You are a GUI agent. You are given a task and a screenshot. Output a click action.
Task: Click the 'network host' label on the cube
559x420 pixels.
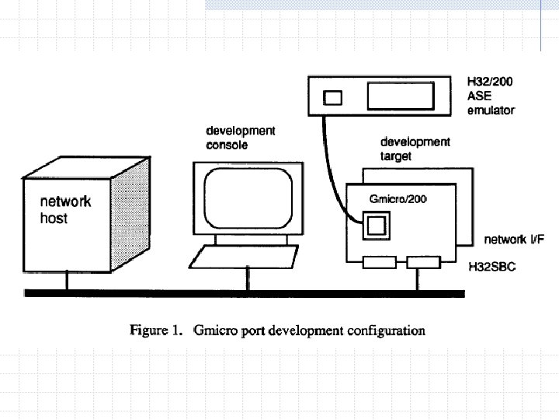pos(65,210)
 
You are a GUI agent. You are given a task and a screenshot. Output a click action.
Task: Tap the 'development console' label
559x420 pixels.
pos(240,138)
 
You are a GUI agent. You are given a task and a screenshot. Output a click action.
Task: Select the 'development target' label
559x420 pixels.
pos(415,149)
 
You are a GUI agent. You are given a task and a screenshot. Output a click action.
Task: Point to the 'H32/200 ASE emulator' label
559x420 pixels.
pos(490,95)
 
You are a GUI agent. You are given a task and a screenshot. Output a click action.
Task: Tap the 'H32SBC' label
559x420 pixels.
pos(492,266)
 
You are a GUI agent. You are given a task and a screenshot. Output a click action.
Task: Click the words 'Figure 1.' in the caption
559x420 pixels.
pos(155,331)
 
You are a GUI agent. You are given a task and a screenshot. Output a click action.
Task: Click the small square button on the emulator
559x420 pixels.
pos(332,98)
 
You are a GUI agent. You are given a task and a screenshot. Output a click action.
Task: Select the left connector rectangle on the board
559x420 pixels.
pos(380,263)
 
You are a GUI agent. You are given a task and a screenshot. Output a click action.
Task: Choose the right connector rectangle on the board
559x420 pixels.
pos(423,263)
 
